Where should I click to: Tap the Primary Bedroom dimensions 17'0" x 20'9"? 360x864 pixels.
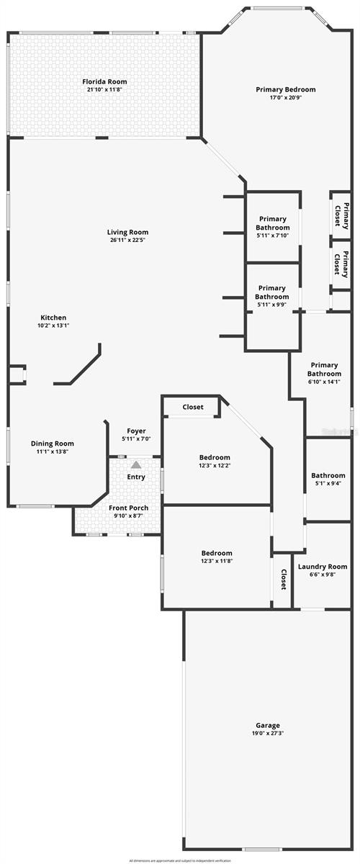click(x=286, y=97)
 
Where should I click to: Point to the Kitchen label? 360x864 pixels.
click(x=53, y=318)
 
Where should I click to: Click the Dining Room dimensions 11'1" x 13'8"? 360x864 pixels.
click(x=52, y=451)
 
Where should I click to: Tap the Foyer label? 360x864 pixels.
click(x=136, y=431)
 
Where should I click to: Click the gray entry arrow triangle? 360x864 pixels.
click(x=136, y=465)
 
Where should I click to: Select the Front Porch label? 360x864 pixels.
click(x=129, y=508)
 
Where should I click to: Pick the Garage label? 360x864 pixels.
click(x=248, y=725)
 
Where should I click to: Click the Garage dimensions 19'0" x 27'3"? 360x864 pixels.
click(x=248, y=733)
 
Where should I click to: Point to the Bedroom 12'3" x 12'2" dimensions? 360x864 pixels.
click(x=215, y=465)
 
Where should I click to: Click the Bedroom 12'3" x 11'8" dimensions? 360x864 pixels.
click(x=217, y=561)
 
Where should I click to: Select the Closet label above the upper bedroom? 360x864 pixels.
click(x=193, y=407)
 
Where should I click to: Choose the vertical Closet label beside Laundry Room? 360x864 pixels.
click(x=284, y=580)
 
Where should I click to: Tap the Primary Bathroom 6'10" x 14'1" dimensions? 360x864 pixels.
click(x=324, y=382)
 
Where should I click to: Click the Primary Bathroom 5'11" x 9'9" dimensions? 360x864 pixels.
click(x=272, y=305)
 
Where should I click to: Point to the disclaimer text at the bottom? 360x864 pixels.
click(x=180, y=860)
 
